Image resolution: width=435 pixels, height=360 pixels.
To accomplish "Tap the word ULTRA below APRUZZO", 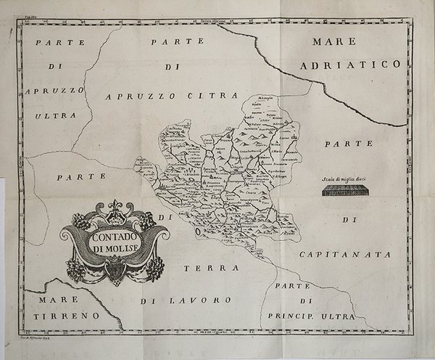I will tap(52, 115).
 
